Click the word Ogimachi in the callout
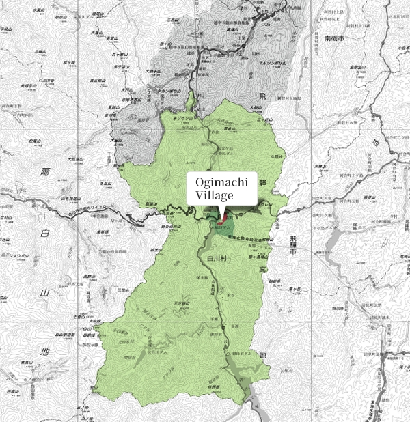coord(221,182)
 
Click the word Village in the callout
coord(215,195)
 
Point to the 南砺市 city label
coord(337,38)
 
